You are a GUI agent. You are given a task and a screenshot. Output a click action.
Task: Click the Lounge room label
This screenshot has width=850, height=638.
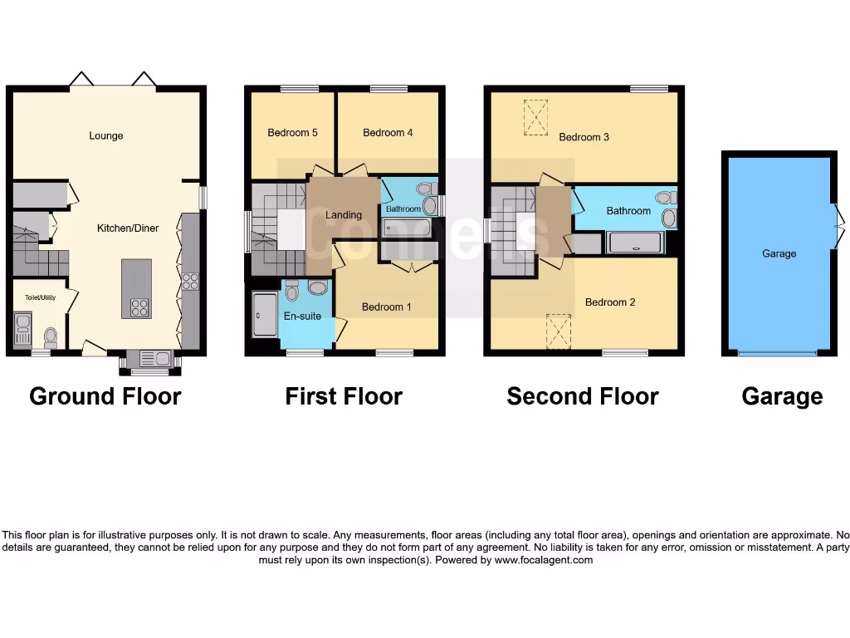(x=106, y=135)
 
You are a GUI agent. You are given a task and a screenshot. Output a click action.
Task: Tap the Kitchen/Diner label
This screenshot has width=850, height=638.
(x=128, y=228)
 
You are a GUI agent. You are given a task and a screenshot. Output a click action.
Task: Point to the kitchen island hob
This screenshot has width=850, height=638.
(x=138, y=308)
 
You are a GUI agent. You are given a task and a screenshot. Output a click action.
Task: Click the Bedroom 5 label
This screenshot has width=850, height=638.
(x=292, y=132)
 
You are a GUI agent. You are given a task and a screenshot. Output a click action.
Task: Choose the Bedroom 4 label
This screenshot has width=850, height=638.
(x=388, y=132)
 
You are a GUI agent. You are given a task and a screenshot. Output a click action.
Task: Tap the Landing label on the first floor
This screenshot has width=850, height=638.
(x=343, y=215)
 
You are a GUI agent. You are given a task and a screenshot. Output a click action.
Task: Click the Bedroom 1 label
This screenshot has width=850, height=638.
(x=386, y=307)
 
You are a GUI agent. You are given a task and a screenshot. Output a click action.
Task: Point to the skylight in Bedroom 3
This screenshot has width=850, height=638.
(x=536, y=117)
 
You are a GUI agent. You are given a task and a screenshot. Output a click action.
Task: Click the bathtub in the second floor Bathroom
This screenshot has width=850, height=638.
(x=635, y=243)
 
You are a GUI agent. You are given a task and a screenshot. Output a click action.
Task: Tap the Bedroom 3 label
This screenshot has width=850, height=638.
(x=584, y=137)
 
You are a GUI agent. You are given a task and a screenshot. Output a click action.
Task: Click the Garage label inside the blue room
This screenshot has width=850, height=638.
(x=779, y=253)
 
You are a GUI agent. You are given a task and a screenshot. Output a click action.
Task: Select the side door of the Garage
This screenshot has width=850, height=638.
(x=838, y=218)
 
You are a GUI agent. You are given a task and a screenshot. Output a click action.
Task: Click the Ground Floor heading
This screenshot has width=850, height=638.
(x=105, y=396)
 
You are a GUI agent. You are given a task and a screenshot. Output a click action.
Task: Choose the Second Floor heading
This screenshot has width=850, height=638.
(x=583, y=396)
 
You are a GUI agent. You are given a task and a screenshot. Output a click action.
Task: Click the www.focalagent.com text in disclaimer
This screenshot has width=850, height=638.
(x=544, y=560)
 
